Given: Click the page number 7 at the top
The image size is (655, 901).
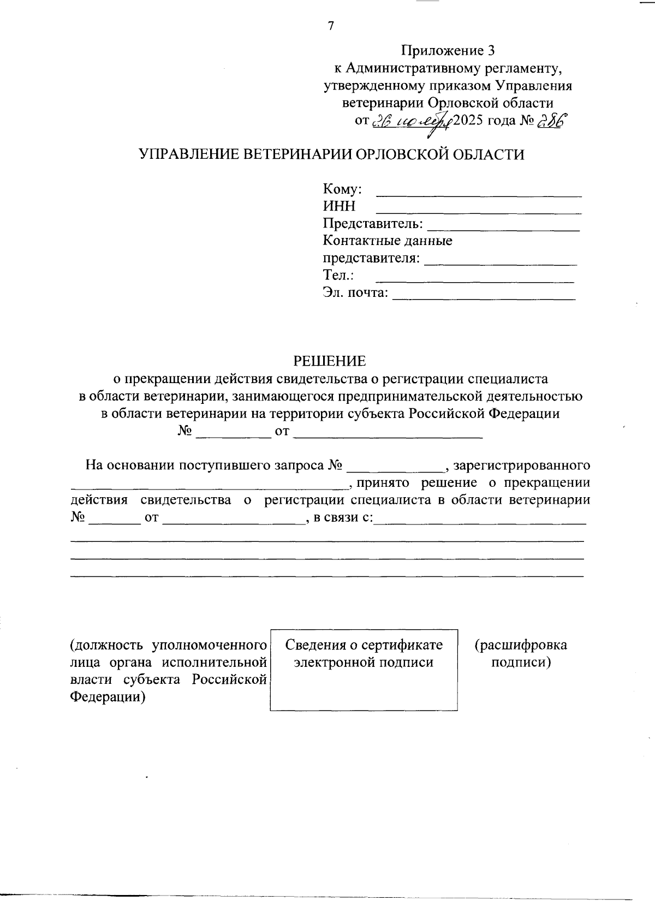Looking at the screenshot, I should point(330,26).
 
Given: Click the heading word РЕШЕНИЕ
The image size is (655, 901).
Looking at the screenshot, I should point(330,361).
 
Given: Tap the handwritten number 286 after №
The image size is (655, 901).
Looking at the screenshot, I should point(552,121).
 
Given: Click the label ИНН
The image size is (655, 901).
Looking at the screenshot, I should point(339,206).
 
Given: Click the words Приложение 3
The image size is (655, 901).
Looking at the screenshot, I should point(448,51).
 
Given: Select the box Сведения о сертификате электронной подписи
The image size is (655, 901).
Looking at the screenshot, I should point(364,669).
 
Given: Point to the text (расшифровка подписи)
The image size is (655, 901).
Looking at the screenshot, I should point(520,653).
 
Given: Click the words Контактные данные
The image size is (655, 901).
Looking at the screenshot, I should point(388,240).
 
